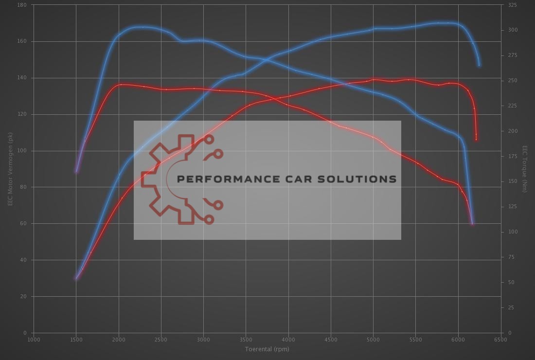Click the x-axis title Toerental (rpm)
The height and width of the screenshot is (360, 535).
coord(267,349)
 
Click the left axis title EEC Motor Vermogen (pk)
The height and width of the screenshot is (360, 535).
coord(10,168)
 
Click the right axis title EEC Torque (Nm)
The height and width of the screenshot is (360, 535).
coord(525,168)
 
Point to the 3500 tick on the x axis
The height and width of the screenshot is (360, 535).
coord(246,339)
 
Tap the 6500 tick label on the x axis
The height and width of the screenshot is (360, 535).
coord(500,339)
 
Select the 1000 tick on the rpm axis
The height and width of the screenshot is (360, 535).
coord(34,339)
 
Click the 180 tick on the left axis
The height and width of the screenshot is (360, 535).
coord(22,5)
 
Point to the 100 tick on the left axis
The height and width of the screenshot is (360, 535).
coord(22,151)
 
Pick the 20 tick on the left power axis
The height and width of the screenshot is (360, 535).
coord(23,296)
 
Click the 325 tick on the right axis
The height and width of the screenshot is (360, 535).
coord(512,5)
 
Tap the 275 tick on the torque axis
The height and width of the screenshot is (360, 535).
coord(512,55)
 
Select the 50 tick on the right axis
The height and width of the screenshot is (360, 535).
coord(511,282)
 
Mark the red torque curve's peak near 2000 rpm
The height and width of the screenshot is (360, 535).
coord(121,85)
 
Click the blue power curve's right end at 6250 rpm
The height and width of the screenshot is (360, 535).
coord(479,65)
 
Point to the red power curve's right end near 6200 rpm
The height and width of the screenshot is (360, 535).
coord(476,140)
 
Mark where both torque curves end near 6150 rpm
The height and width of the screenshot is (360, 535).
coord(472,224)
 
